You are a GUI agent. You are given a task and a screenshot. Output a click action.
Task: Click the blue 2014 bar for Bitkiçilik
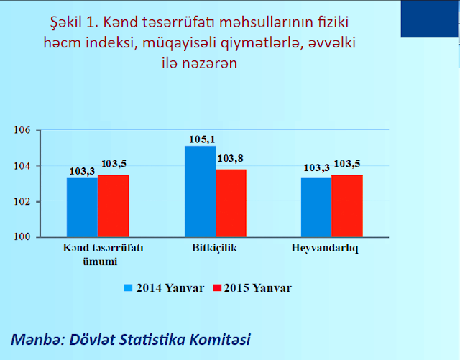200,191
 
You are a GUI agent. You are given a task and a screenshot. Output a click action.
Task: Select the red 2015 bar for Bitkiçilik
231,203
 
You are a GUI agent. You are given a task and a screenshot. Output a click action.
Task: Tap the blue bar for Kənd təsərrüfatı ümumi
82,208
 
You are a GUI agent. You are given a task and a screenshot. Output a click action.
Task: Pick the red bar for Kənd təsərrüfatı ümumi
114,206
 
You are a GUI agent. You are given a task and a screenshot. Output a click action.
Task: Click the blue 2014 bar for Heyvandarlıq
316,208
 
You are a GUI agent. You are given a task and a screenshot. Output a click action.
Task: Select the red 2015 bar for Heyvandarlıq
347,206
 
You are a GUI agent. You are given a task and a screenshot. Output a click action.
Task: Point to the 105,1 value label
202,139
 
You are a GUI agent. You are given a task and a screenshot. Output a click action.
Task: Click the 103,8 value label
230,158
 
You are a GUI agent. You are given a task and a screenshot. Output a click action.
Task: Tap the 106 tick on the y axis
22,130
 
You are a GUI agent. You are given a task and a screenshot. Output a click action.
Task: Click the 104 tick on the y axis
22,166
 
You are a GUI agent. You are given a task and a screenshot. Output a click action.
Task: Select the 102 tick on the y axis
22,202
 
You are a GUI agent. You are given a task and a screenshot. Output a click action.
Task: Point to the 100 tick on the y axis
22,237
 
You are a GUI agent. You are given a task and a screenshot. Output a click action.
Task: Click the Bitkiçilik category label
214,248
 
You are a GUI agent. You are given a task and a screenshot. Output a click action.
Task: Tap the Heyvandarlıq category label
325,249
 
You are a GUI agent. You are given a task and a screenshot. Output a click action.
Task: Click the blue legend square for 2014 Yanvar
128,288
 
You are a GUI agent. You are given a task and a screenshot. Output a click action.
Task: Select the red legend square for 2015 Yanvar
217,288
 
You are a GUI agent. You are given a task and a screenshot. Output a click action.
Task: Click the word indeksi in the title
111,42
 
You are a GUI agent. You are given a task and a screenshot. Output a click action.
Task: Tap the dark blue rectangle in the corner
430,19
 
